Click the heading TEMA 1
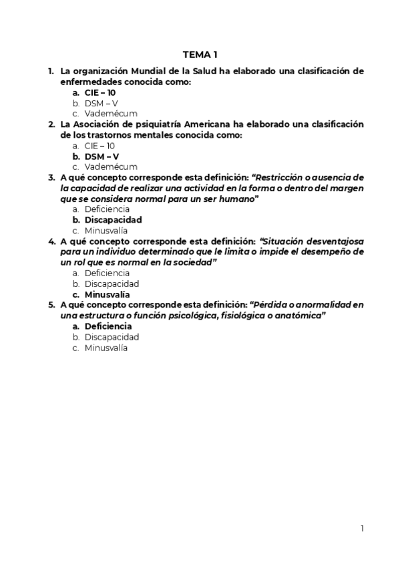200,54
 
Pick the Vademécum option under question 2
111,166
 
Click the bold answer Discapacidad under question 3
113,219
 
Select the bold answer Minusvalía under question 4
110,294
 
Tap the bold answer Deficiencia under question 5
112,326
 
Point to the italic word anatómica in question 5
300,316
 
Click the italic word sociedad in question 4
192,263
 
